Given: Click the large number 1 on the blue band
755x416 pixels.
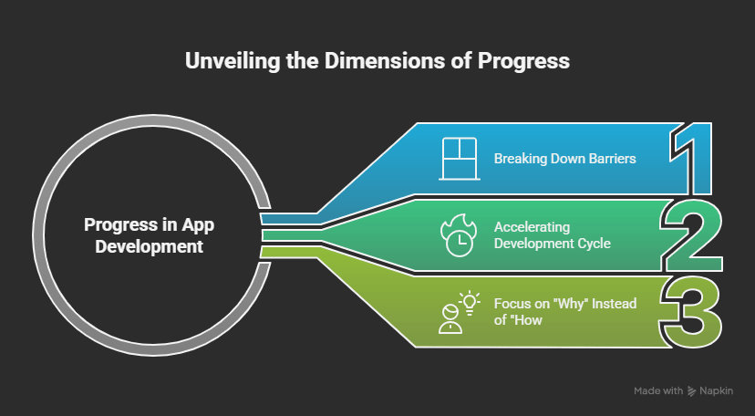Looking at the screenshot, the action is [690, 159].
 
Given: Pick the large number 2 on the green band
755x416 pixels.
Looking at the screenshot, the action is [692, 236].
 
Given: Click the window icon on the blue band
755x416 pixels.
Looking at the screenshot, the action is [459, 159].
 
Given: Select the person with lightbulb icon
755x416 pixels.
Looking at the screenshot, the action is [458, 313].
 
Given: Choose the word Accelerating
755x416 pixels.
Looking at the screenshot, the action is [525, 227].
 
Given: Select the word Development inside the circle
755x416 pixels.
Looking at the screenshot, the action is [149, 247].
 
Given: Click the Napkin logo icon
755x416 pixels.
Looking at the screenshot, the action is [692, 390].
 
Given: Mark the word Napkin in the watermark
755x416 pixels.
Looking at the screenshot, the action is [717, 391].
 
